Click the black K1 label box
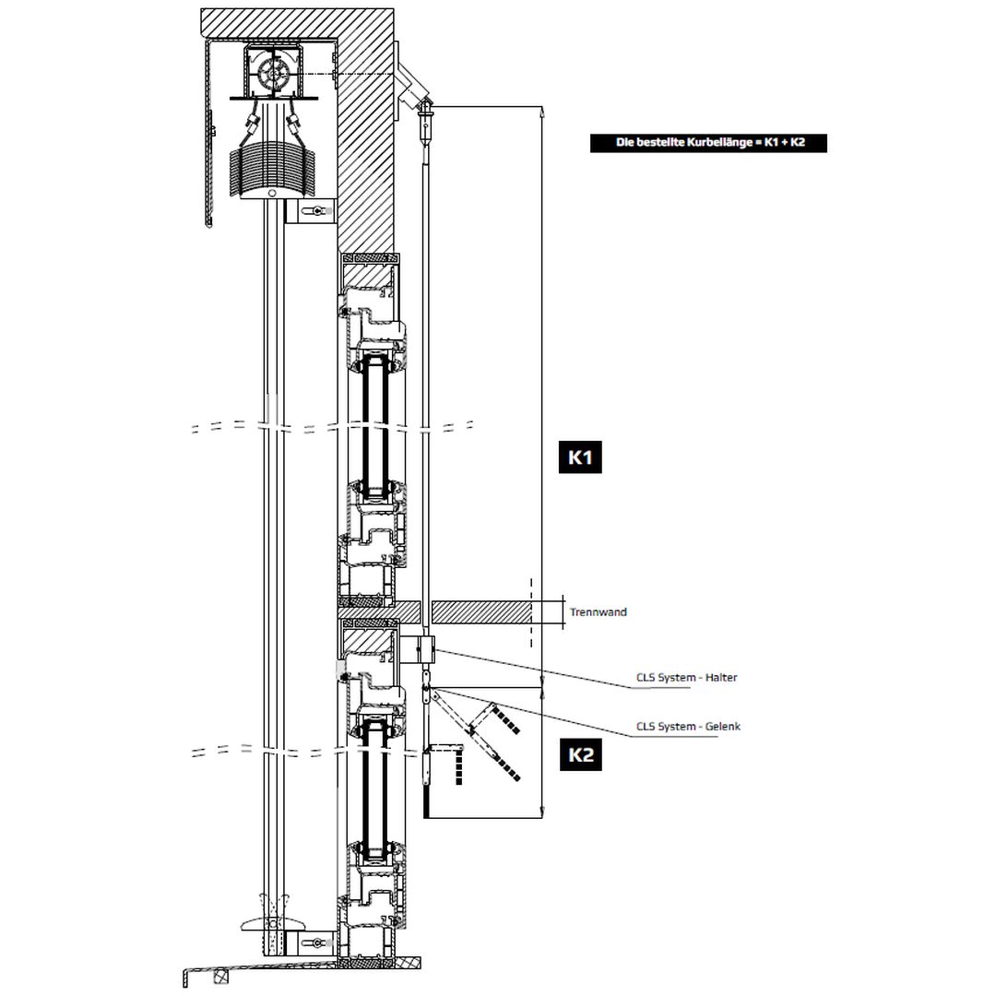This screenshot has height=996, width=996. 580,457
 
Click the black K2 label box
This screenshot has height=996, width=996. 580,755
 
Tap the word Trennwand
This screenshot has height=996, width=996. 598,612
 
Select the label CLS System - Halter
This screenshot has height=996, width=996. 686,678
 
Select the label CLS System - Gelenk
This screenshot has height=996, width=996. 688,727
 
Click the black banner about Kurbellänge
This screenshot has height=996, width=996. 708,143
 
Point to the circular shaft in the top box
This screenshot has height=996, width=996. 274,74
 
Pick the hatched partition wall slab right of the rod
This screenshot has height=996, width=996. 480,611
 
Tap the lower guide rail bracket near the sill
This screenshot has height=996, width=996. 310,943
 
